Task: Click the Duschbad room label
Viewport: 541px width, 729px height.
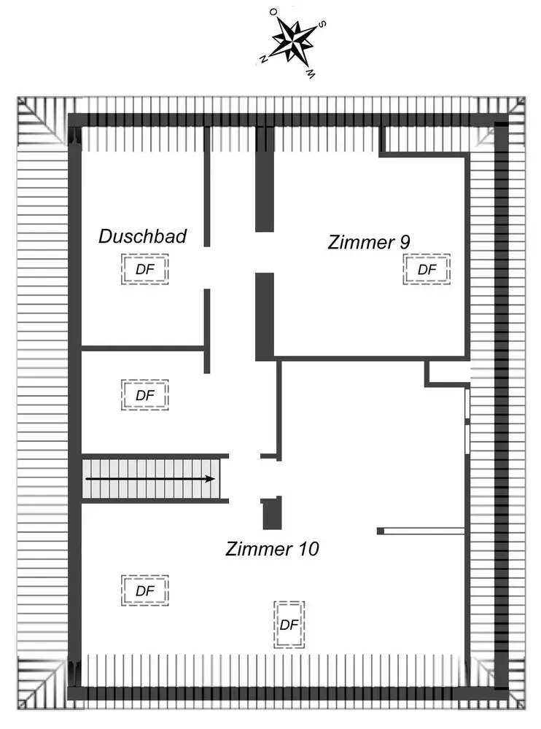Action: point(143,236)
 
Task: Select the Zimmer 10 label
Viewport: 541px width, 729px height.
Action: point(272,548)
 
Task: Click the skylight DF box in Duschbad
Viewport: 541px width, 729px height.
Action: point(145,270)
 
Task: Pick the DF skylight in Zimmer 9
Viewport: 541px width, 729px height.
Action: point(427,270)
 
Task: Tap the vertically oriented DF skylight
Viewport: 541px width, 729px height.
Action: point(289,625)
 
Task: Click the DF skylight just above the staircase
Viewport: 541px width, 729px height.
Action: point(145,394)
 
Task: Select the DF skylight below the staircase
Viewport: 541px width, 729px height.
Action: point(145,590)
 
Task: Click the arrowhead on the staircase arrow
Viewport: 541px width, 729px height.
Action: point(211,479)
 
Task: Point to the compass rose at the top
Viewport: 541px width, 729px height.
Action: point(292,42)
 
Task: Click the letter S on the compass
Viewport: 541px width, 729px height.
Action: point(322,23)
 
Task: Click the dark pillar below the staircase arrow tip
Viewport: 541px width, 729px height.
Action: point(271,513)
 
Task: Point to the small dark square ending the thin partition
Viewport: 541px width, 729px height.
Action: point(380,531)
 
